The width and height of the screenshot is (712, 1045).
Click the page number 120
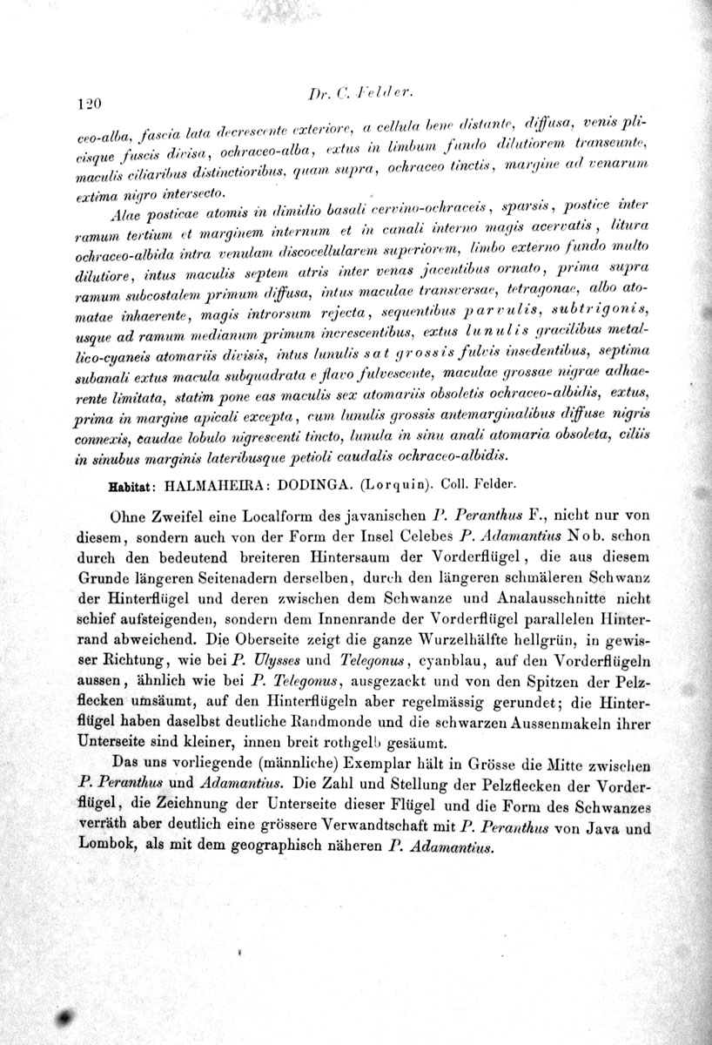click(x=90, y=104)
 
